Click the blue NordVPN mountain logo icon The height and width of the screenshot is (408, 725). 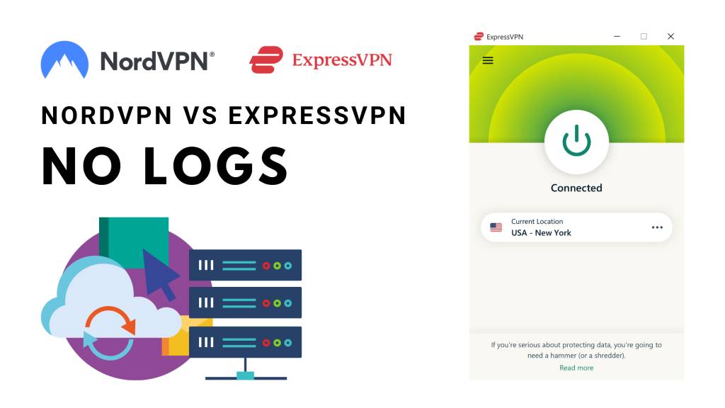[64, 59]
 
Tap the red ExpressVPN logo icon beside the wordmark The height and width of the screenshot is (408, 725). [266, 59]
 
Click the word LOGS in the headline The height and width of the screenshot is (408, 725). [215, 166]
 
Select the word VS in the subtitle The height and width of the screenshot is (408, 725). [200, 115]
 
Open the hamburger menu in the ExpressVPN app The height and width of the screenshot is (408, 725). [488, 61]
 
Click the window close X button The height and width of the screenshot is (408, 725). [670, 37]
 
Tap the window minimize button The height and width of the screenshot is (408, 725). [617, 37]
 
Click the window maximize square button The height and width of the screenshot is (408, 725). [644, 37]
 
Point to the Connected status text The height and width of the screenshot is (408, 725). [576, 188]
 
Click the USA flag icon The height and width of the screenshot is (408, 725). [496, 227]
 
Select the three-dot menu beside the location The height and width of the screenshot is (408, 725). [657, 227]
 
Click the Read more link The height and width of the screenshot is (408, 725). [576, 368]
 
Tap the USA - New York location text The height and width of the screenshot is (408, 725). [541, 232]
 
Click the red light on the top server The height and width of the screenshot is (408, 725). [266, 266]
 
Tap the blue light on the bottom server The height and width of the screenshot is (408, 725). [288, 343]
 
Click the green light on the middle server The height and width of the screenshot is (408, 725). [277, 303]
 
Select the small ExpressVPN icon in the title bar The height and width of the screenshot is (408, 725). [479, 37]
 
